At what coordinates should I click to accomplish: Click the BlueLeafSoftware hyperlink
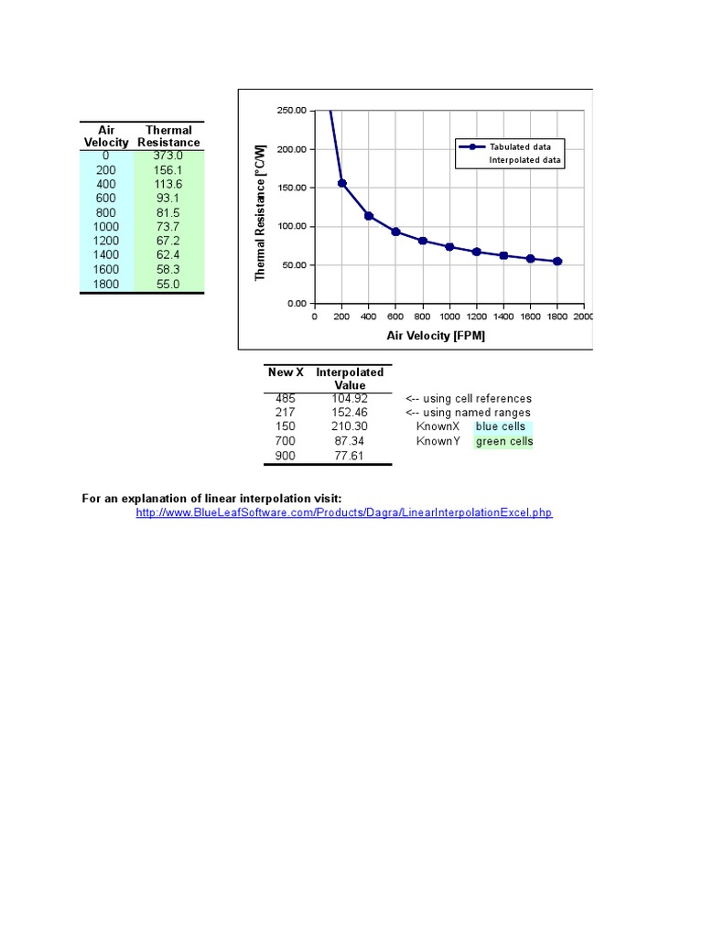[344, 513]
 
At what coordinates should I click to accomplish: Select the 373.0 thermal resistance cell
[168, 156]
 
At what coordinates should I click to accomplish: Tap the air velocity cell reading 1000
[106, 227]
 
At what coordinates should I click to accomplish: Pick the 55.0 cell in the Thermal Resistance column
[168, 285]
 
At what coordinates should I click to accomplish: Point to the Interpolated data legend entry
[526, 160]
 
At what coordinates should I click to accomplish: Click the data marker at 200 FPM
[341, 183]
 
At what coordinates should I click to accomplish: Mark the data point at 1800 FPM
[557, 261]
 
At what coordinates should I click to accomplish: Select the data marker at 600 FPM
[395, 232]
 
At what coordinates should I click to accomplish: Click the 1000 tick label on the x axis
[449, 317]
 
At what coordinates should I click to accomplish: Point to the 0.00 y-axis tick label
[296, 303]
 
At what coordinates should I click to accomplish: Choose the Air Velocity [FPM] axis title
[436, 336]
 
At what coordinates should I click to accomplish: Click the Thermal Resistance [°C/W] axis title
[260, 211]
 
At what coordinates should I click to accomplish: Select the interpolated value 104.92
[350, 399]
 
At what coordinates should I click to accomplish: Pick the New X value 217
[285, 413]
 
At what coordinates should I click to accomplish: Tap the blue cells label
[500, 427]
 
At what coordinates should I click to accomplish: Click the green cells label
[503, 442]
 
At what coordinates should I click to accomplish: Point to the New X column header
[286, 372]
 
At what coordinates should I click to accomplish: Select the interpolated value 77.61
[350, 456]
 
